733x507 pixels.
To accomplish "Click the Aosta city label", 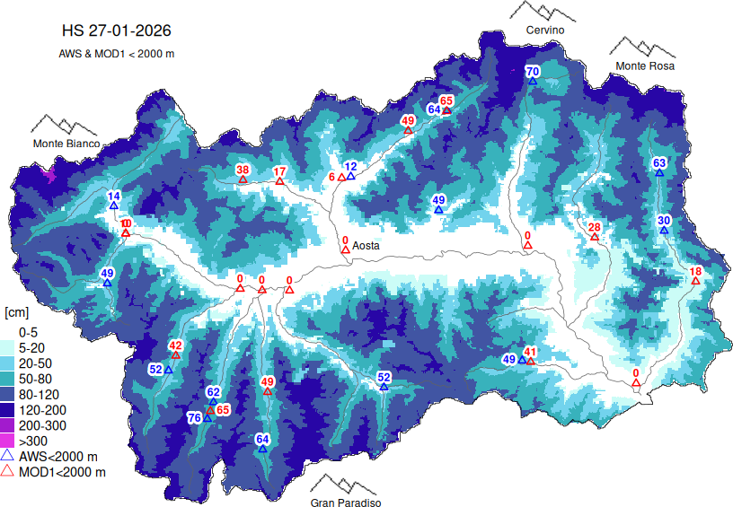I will pos(366,245).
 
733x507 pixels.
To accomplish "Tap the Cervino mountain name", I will pos(545,31).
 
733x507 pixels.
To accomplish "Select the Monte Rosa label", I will pos(645,66).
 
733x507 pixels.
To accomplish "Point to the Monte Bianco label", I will pos(66,144).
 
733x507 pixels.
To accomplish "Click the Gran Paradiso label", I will pos(346,503).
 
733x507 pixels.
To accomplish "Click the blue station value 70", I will pos(532,72).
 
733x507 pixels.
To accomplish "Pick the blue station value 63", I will pos(659,162).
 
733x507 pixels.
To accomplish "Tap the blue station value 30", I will pos(664,221).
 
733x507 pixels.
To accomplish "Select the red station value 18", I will pos(695,272).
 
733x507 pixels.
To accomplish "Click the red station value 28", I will pos(594,227).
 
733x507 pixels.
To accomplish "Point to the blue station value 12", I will pos(350,166).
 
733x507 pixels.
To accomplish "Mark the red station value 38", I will pos(243,170).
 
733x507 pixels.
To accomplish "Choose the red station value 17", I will pos(279,171).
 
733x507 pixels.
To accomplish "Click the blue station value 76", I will pos(194,418).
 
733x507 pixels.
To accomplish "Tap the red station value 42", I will pos(176,345).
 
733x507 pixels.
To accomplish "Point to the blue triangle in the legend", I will pos(9,456).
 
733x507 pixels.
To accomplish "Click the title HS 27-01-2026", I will pos(117,31).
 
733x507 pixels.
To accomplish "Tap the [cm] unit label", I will pos(18,312).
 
